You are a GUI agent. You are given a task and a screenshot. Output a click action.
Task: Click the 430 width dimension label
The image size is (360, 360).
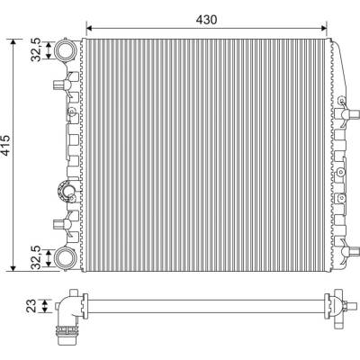click(206, 20)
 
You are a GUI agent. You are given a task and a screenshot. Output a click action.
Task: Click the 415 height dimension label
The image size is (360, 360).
click(6, 146)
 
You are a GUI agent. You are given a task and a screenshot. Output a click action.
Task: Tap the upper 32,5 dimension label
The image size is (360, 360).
click(37, 49)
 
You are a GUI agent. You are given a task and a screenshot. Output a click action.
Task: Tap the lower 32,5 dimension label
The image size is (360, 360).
click(37, 256)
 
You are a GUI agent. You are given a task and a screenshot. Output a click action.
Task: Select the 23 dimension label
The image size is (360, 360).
click(31, 306)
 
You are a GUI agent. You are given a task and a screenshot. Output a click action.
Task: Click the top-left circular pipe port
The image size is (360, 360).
click(65, 49)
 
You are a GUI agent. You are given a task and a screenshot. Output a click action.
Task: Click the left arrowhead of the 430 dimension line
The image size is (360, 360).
click(89, 28)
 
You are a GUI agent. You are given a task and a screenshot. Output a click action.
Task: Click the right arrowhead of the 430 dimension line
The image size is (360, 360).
click(323, 28)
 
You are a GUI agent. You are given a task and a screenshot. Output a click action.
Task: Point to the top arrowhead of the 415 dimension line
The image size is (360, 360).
click(13, 42)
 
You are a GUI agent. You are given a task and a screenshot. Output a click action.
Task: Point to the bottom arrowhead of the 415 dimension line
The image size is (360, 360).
click(13, 268)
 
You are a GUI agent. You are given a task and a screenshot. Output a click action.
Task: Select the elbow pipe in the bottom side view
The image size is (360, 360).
click(67, 309)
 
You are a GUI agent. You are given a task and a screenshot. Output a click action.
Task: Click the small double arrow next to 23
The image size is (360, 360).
click(45, 306)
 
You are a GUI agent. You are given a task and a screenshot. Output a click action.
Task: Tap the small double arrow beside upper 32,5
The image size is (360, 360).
click(49, 49)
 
